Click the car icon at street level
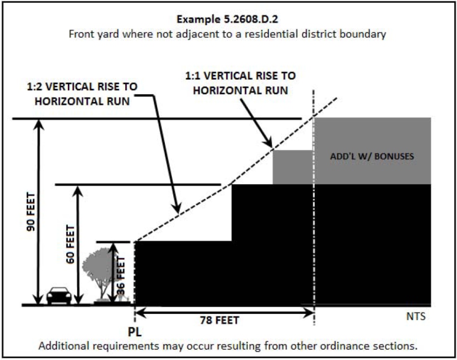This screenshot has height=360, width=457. pos(59,295)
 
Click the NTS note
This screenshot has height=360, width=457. pos(415,317)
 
